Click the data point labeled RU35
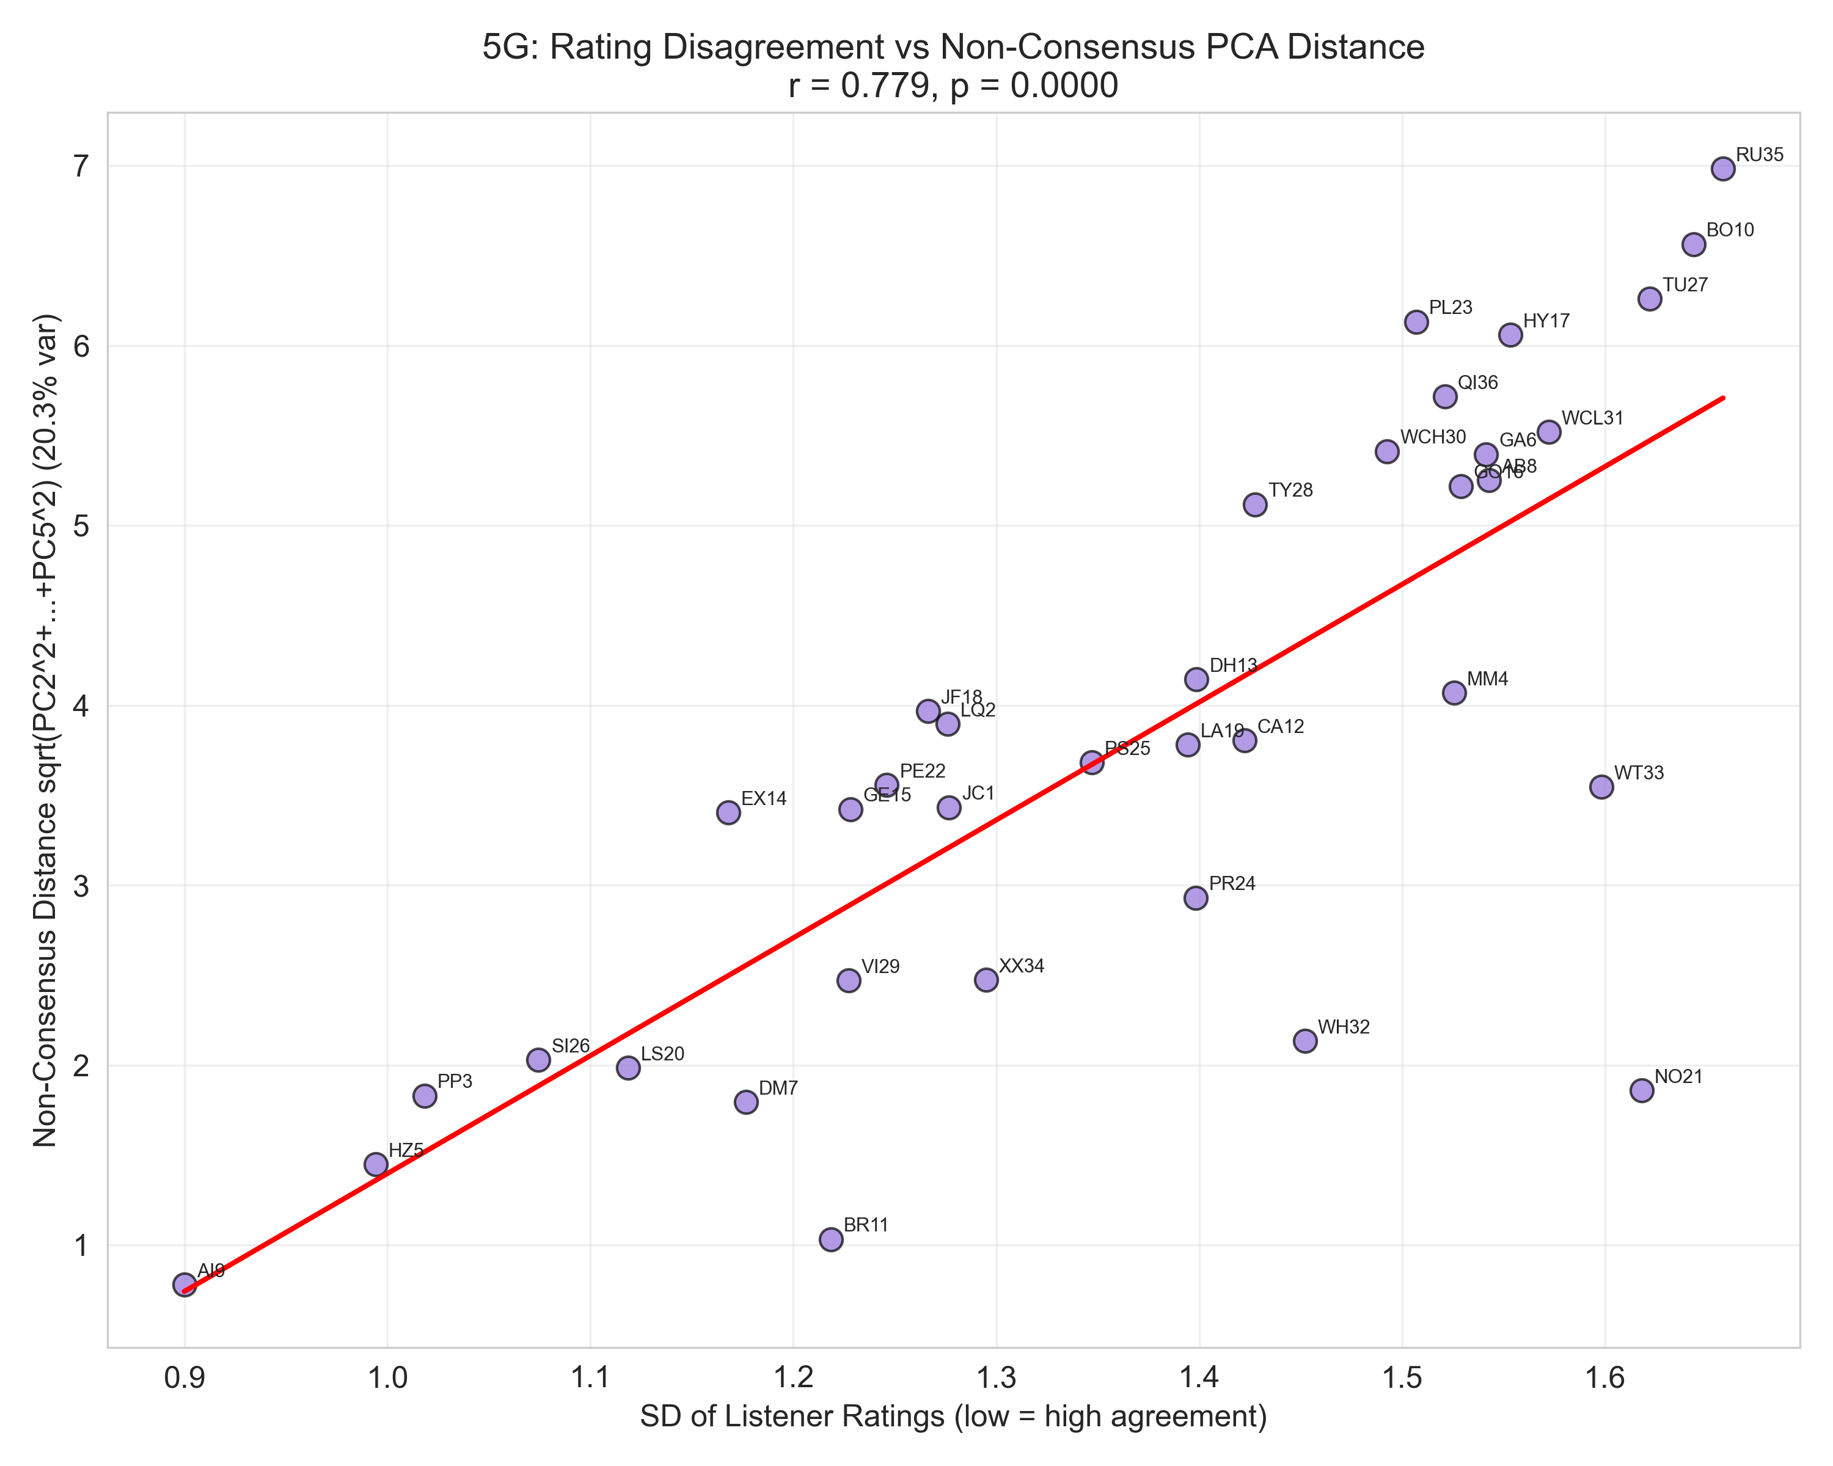pyautogui.click(x=1722, y=168)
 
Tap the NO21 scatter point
pyautogui.click(x=1642, y=1090)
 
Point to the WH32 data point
pyautogui.click(x=1305, y=1041)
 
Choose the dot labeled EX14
pyautogui.click(x=728, y=812)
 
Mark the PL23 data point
pyautogui.click(x=1416, y=321)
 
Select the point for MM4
pyautogui.click(x=1454, y=693)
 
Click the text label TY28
pyautogui.click(x=1290, y=490)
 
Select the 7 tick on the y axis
pyautogui.click(x=81, y=167)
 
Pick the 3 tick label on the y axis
pyautogui.click(x=81, y=886)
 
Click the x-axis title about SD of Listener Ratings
pyautogui.click(x=953, y=1416)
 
